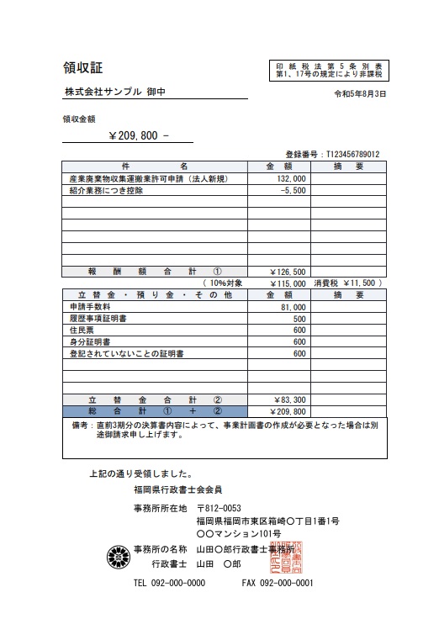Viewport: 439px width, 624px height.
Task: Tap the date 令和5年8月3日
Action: [361, 93]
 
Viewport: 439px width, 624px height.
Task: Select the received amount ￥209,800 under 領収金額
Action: [140, 135]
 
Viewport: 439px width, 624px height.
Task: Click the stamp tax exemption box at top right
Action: [328, 71]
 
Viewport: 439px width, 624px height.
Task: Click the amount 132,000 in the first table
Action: [291, 179]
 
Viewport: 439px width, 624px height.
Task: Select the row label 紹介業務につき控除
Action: [106, 191]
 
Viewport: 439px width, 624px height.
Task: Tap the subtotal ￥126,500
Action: [288, 272]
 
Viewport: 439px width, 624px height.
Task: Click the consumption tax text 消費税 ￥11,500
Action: [349, 283]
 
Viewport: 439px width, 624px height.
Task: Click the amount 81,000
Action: [293, 308]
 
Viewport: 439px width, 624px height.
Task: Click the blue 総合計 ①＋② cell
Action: [155, 411]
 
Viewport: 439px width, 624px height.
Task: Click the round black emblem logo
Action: [118, 556]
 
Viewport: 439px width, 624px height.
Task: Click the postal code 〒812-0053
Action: [219, 508]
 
